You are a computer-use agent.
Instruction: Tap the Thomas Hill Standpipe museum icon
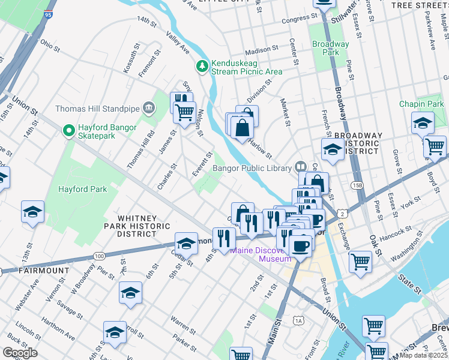[149, 109]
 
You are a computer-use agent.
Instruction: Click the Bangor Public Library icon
[301, 168]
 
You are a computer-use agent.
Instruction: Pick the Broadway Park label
[330, 48]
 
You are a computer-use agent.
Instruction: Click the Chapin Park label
[421, 104]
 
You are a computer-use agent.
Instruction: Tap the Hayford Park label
[82, 189]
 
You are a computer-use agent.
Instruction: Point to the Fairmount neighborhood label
[43, 271]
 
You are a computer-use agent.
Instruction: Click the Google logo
[20, 352]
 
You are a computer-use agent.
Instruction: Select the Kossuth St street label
[131, 58]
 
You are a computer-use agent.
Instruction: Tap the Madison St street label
[262, 49]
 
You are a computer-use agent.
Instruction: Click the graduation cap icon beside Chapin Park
[423, 123]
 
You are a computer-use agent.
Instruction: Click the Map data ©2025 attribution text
[423, 355]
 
